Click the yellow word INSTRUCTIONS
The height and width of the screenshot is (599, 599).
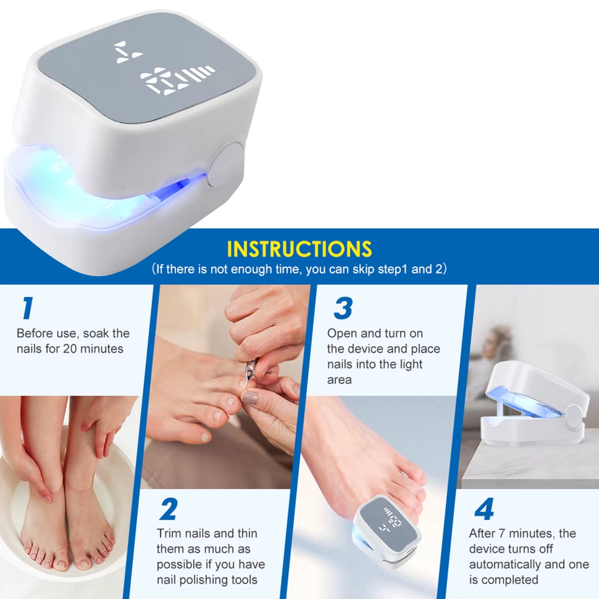coord(299,249)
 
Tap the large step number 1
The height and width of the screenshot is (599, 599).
coord(27,308)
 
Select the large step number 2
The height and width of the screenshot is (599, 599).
coord(169,509)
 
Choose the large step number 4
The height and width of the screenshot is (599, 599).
coord(484,509)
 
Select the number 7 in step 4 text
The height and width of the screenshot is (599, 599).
coord(502,534)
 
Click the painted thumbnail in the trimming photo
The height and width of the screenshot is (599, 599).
coord(250,398)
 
